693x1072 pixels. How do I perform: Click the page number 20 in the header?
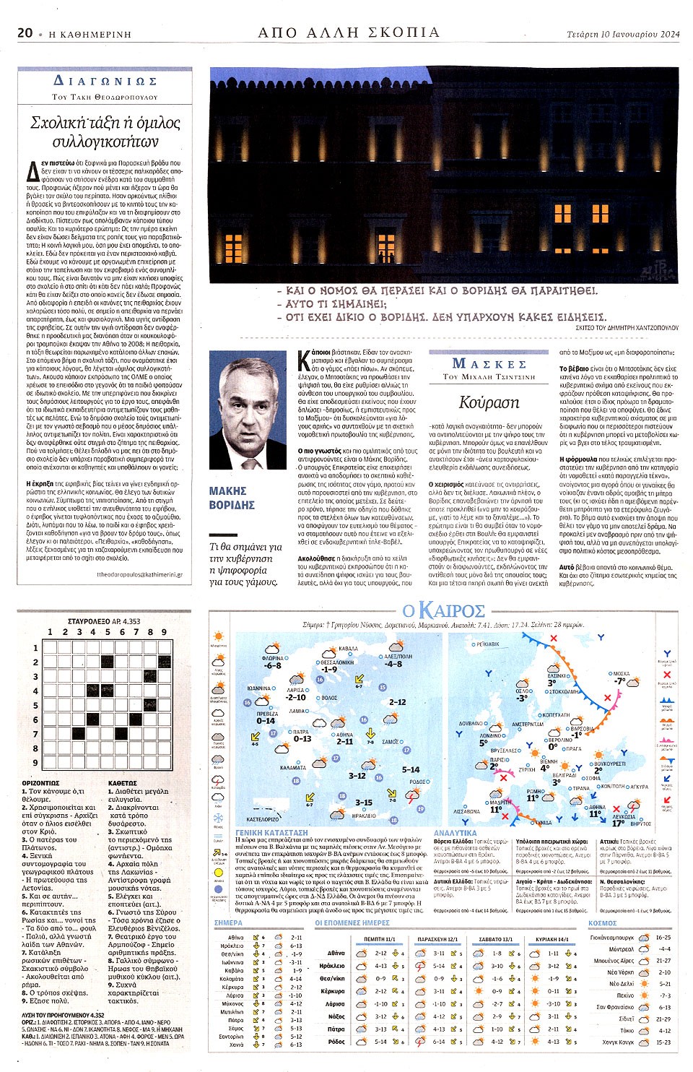(x=25, y=33)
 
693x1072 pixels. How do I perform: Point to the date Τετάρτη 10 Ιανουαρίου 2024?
(x=623, y=33)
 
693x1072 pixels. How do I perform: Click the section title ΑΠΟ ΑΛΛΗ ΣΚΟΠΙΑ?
(x=349, y=32)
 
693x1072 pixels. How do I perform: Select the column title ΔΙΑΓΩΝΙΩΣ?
(x=105, y=81)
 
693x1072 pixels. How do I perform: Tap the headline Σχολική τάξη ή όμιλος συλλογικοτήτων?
(x=105, y=131)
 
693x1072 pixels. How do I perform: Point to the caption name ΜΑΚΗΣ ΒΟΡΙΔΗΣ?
(x=232, y=498)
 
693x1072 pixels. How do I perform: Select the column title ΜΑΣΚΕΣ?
(x=489, y=363)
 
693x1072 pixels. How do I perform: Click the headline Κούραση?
(x=489, y=402)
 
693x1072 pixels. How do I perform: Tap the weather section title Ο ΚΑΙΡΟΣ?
(x=443, y=610)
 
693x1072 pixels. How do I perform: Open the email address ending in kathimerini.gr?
(x=139, y=575)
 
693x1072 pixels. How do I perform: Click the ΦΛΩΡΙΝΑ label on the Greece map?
(x=272, y=659)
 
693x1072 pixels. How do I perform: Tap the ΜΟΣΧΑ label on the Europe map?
(x=621, y=673)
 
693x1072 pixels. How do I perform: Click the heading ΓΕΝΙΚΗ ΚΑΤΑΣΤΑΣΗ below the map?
(x=261, y=833)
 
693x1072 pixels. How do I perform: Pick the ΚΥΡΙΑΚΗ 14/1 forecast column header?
(x=553, y=939)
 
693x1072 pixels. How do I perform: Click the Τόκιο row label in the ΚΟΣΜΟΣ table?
(x=626, y=1031)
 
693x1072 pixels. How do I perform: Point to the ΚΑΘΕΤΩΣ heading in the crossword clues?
(x=122, y=783)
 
